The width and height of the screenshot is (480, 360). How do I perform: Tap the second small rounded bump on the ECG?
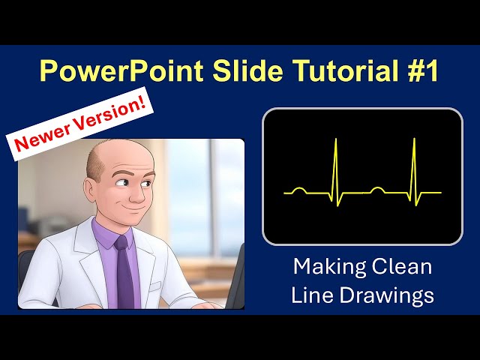tap(378, 190)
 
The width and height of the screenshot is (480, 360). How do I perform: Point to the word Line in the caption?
tap(310, 295)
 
